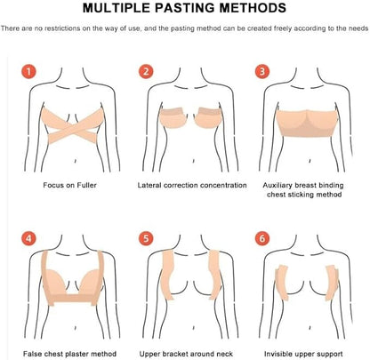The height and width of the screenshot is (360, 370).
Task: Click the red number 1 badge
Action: click(x=28, y=71)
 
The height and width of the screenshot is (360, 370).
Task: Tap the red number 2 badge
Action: click(x=146, y=71)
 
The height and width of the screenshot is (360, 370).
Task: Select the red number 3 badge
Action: click(x=262, y=71)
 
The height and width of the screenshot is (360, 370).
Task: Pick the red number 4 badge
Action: click(x=28, y=238)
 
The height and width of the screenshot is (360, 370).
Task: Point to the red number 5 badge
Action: click(x=146, y=238)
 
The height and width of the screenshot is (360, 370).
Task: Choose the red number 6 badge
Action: click(x=262, y=238)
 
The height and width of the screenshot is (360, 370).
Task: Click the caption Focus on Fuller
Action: click(x=69, y=185)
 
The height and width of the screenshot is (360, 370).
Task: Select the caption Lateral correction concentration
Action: click(x=192, y=185)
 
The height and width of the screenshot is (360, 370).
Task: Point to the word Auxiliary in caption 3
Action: click(x=277, y=186)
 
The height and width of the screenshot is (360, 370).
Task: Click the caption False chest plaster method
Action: click(x=69, y=354)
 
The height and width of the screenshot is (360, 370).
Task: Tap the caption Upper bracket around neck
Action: click(x=186, y=354)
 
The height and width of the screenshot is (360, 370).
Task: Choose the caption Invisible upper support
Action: click(x=303, y=354)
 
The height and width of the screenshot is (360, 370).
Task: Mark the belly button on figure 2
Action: click(x=194, y=161)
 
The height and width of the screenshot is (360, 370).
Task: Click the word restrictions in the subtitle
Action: click(x=61, y=28)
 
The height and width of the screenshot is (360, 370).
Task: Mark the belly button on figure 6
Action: click(x=310, y=328)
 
